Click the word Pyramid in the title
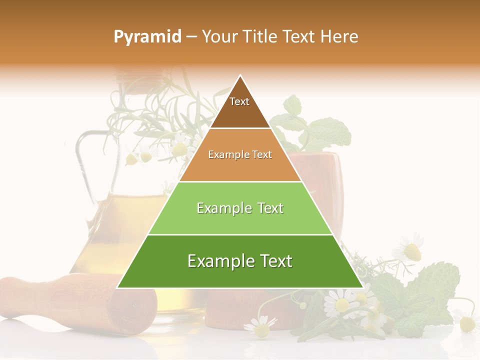coord(147,37)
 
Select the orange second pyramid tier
coord(240,167)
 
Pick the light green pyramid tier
coord(240,220)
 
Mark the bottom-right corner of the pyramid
coord(362,287)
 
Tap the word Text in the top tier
coord(239,101)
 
